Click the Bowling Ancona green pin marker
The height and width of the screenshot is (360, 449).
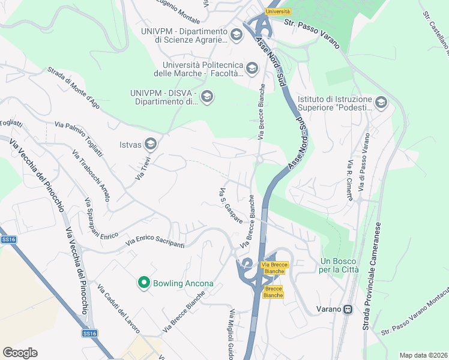point(143,282)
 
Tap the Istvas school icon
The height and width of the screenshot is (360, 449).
point(151,143)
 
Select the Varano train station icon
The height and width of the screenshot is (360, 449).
point(348,309)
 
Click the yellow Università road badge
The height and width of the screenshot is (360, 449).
point(277,11)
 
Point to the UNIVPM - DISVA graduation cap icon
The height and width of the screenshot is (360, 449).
point(207,97)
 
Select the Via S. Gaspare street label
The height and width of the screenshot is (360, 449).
point(231,206)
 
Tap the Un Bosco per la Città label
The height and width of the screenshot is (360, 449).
point(339,265)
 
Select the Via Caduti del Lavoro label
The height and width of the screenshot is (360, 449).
point(118,309)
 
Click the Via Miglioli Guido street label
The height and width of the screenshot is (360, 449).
point(230,334)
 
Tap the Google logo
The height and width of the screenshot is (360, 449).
point(20,353)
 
